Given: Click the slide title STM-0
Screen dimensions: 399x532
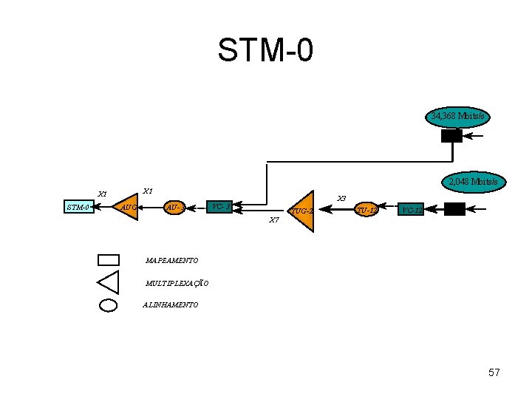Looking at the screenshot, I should click(265, 50).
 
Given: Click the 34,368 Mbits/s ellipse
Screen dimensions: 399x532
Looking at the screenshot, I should click(459, 117).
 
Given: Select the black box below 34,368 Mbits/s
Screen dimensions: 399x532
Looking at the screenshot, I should click(451, 136).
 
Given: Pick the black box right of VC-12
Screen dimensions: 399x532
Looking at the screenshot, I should click(454, 209).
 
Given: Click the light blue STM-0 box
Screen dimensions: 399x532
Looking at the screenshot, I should click(79, 208).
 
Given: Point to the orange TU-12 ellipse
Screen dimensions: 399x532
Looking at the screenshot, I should click(367, 210).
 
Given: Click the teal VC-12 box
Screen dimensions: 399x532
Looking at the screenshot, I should click(411, 210).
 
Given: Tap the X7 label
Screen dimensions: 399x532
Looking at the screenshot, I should click(274, 220).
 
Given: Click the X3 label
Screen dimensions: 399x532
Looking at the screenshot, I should click(341, 198).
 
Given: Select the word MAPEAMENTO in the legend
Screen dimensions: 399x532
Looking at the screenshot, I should click(172, 261).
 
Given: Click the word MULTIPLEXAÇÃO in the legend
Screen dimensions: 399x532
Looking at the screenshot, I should click(177, 283).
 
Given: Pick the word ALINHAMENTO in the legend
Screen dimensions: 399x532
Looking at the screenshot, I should click(171, 304).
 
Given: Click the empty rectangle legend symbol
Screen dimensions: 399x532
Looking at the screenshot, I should click(108, 259).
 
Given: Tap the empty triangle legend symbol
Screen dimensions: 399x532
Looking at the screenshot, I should click(109, 282).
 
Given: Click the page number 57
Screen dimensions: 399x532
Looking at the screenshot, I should click(494, 372).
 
